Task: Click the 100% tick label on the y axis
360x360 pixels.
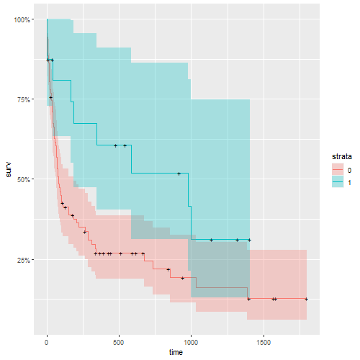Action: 21,19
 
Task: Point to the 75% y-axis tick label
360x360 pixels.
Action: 22,99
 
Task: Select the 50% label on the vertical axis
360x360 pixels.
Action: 22,179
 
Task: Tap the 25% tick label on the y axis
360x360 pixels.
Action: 22,258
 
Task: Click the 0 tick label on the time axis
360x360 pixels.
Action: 47,343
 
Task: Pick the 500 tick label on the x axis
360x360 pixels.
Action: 119,343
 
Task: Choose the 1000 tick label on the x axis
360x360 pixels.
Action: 191,343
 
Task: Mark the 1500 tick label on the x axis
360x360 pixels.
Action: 264,343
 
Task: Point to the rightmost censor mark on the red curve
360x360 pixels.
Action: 307,299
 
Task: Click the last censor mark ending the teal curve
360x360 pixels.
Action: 249,240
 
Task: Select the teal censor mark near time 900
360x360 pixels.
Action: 179,174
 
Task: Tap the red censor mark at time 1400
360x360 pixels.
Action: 248,299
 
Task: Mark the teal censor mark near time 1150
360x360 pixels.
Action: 211,240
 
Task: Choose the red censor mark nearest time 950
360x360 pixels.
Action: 183,278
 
